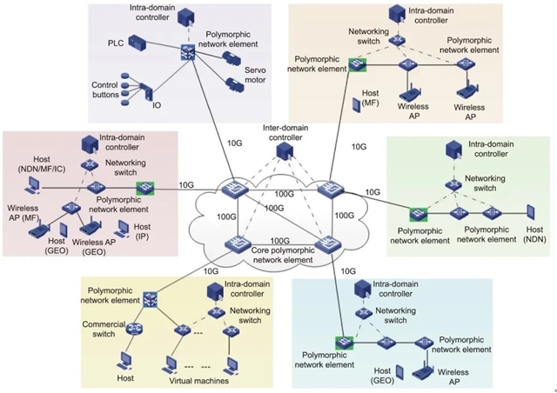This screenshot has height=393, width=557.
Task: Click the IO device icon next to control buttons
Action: point(148,90)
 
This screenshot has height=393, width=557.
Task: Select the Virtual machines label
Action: point(198,380)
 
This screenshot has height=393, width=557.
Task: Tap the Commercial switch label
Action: point(104,327)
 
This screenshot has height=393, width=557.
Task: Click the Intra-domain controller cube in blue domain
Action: point(359,289)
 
